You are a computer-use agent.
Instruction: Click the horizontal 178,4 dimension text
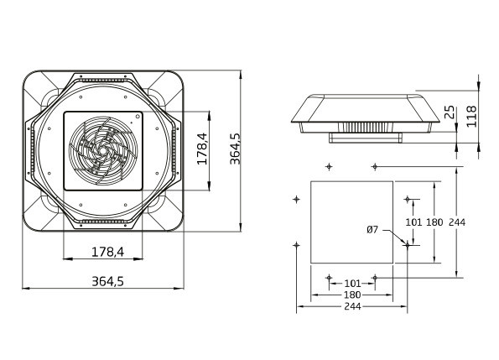(x=107, y=252)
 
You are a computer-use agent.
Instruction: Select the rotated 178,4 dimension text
(x=202, y=149)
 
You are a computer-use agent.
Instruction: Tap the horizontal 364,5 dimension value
(x=107, y=281)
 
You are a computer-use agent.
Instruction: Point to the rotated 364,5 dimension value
(x=235, y=149)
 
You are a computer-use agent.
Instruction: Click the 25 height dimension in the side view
(x=450, y=112)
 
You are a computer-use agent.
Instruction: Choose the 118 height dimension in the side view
(x=471, y=117)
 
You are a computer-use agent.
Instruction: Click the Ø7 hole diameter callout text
(x=372, y=229)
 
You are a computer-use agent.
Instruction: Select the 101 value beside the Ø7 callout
(x=413, y=222)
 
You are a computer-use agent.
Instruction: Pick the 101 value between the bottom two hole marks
(x=352, y=283)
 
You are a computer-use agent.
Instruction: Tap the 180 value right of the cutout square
(x=434, y=222)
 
